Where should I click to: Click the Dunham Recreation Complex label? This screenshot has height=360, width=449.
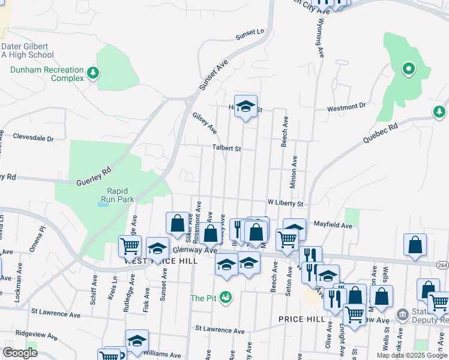47,74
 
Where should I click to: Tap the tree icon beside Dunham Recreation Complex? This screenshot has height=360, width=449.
92,73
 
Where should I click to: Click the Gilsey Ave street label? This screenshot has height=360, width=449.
204,122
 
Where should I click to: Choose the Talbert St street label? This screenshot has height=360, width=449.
226,148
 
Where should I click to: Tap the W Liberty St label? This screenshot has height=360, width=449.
286,203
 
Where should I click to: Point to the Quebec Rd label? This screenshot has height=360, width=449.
381,133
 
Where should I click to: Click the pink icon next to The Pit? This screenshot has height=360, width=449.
226,298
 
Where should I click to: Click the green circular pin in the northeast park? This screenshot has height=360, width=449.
409,69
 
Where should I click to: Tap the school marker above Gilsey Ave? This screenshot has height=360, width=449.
246,107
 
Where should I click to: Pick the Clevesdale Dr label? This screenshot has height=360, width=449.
33,137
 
